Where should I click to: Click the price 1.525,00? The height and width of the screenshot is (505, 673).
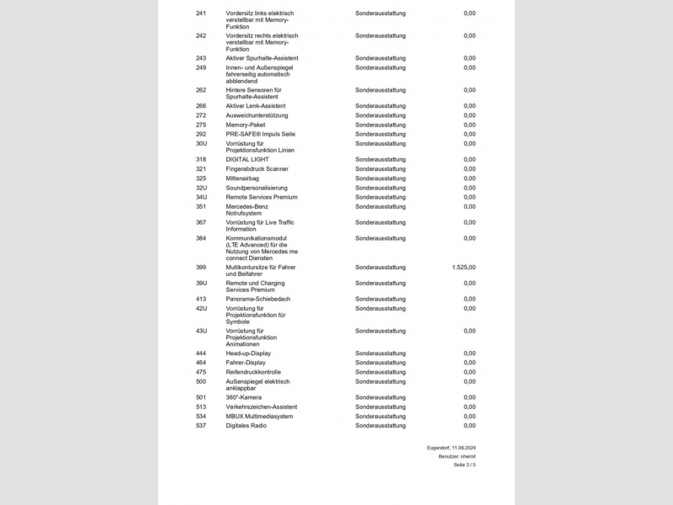pyautogui.click(x=464, y=267)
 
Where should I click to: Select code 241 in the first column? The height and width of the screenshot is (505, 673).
pyautogui.click(x=201, y=13)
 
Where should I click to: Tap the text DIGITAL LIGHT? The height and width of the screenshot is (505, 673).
pyautogui.click(x=247, y=159)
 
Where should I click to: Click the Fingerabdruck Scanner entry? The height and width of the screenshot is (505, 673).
pyautogui.click(x=257, y=169)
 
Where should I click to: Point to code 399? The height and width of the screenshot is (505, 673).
pyautogui.click(x=201, y=267)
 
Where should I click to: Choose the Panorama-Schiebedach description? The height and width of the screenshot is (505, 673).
pyautogui.click(x=258, y=299)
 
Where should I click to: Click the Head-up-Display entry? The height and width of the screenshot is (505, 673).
pyautogui.click(x=248, y=353)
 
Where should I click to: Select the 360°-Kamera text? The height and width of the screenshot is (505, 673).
pyautogui.click(x=244, y=397)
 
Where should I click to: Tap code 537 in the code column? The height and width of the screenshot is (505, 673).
pyautogui.click(x=201, y=426)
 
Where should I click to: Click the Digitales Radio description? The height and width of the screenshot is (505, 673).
pyautogui.click(x=246, y=426)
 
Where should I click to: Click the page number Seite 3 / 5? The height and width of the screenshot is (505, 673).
pyautogui.click(x=464, y=465)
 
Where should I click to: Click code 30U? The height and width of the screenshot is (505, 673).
pyautogui.click(x=201, y=144)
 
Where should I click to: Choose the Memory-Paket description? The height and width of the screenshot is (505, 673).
pyautogui.click(x=246, y=125)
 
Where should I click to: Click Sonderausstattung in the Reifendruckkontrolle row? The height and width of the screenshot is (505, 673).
pyautogui.click(x=380, y=372)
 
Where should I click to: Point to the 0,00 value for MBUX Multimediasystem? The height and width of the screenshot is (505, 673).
pyautogui.click(x=469, y=416)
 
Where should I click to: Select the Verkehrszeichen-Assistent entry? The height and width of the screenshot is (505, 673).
pyautogui.click(x=262, y=407)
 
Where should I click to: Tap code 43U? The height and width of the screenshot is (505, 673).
pyautogui.click(x=201, y=331)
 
